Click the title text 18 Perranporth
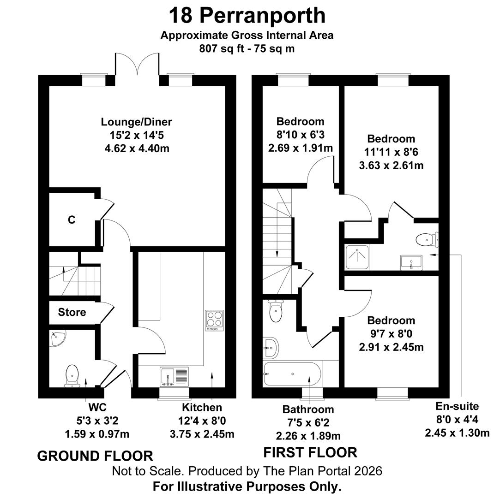[247, 15]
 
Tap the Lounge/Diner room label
[137, 122]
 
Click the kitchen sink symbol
[175, 376]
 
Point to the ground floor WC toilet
[72, 375]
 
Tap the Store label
[72, 312]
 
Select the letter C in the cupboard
[72, 220]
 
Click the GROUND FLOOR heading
[95, 456]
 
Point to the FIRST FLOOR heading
[310, 452]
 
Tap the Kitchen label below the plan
[202, 407]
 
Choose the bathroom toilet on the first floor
[275, 311]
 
